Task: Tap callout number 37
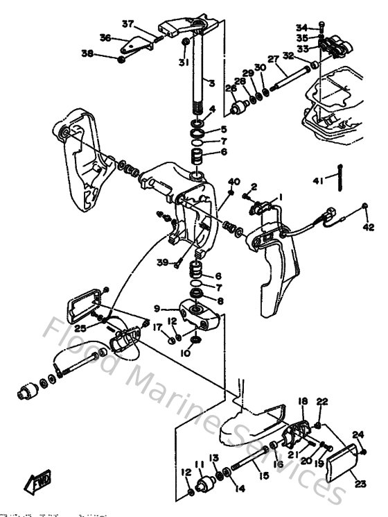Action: [128, 24]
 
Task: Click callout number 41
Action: [318, 181]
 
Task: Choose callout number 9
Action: [157, 309]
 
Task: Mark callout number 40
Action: [234, 182]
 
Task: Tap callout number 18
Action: [303, 402]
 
